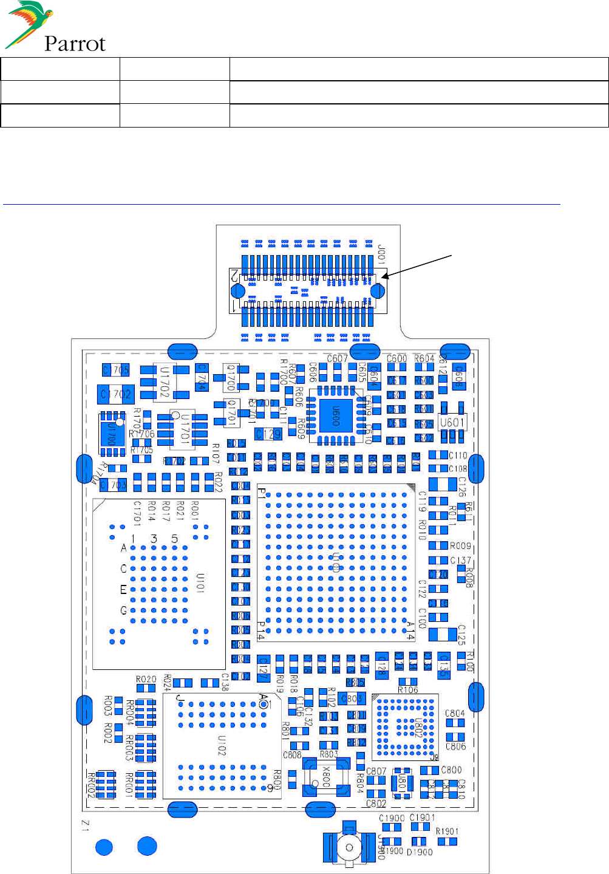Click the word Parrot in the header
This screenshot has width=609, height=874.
point(75,44)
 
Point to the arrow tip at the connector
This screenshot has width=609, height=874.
point(383,277)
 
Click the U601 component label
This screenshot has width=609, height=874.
point(452,422)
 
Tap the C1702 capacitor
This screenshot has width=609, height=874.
point(116,394)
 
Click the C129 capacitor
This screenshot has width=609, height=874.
point(268,434)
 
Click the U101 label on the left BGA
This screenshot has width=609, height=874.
point(200,582)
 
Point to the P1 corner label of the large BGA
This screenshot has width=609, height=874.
point(262,493)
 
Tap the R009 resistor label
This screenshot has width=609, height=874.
point(460,546)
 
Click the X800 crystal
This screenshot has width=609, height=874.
point(326,777)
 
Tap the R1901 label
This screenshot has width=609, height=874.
point(447,831)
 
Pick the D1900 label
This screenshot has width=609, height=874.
point(420,852)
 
